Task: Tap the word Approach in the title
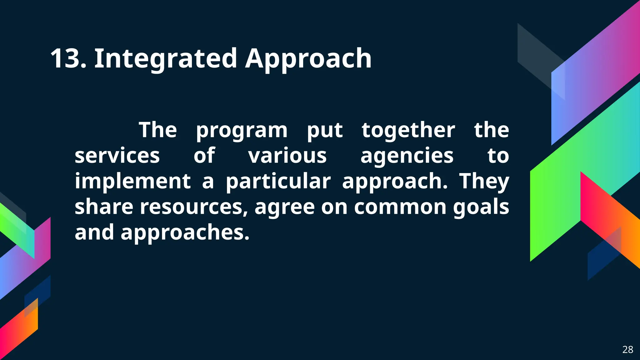click(308, 58)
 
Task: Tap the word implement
click(132, 181)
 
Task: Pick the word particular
click(278, 181)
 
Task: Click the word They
click(484, 181)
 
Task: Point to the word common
click(400, 207)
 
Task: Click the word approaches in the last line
click(185, 232)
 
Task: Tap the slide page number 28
click(628, 349)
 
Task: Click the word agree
click(284, 207)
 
